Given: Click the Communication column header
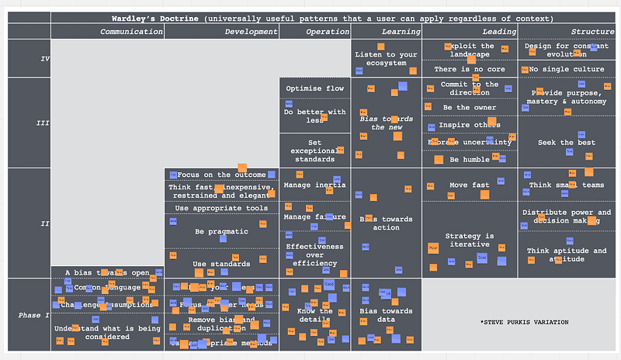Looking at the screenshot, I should click(131, 32).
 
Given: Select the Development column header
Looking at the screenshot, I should click(251, 32).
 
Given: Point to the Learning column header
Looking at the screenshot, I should click(401, 32).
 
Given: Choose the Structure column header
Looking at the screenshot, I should click(592, 32).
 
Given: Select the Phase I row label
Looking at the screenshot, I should click(34, 315).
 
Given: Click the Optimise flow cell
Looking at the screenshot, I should click(314, 88).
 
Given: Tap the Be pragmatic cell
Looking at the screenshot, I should click(221, 231).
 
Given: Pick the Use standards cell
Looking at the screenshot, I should click(221, 264).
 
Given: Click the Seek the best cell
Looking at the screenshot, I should click(567, 143).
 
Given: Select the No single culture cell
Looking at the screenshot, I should click(567, 69).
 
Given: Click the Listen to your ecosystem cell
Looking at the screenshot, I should click(386, 58).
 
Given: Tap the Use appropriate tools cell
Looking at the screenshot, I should click(221, 208).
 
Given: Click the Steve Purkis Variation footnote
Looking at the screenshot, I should click(524, 322).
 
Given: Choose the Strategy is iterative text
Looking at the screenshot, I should click(469, 241).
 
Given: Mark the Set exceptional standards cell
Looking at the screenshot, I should click(314, 151).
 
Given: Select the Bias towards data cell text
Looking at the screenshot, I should click(386, 315).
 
